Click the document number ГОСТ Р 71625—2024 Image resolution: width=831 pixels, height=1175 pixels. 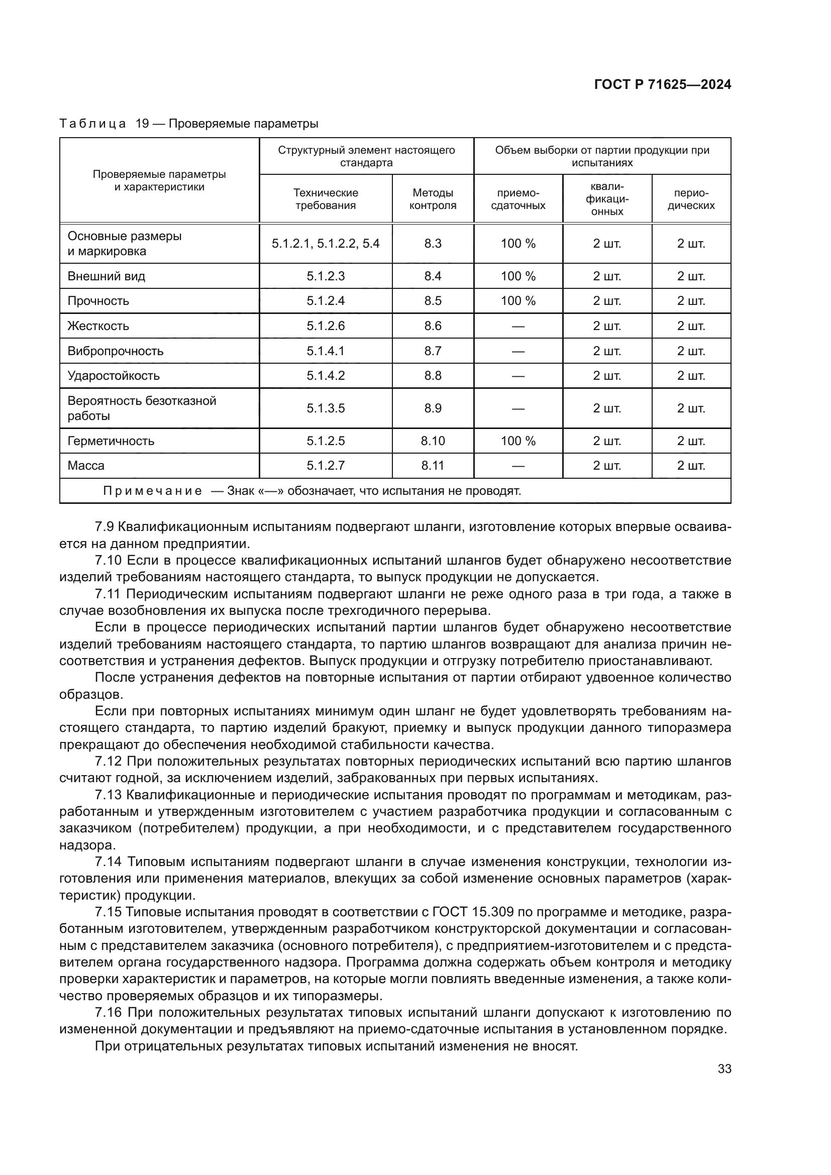click(x=663, y=85)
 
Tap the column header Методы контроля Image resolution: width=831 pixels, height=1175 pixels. click(x=433, y=199)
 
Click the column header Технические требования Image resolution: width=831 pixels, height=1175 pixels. click(x=326, y=199)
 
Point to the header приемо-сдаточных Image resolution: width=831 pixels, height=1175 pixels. click(x=518, y=199)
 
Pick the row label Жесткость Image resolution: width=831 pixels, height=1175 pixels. click(x=98, y=326)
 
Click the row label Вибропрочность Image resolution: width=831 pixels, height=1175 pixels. click(x=116, y=351)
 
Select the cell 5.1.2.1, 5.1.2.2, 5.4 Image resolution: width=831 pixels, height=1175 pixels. click(x=326, y=244)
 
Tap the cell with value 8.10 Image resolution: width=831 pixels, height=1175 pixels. click(x=433, y=441)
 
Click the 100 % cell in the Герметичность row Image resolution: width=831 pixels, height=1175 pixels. click(x=518, y=441)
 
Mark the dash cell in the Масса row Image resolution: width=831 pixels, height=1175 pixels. click(x=518, y=466)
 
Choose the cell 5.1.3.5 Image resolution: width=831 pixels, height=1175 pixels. click(x=326, y=408)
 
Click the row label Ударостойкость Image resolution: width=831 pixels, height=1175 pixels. click(x=114, y=376)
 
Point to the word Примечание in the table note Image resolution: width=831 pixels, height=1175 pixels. click(x=153, y=491)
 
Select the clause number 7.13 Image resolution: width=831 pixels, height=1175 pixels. click(x=108, y=795)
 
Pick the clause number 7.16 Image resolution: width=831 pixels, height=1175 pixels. click(x=108, y=1012)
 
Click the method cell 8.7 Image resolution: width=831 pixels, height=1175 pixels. click(x=433, y=351)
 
